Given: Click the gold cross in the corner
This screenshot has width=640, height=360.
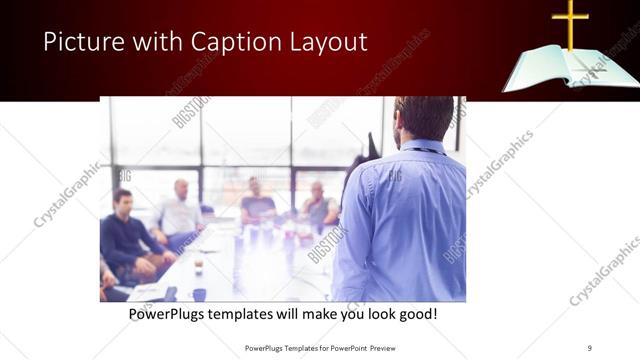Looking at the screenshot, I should coord(570,23).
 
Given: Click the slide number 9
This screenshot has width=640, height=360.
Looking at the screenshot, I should coord(589,348).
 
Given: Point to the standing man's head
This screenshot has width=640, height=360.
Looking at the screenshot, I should coord(424,118).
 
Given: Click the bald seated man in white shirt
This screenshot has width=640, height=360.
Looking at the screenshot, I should coord(180,212).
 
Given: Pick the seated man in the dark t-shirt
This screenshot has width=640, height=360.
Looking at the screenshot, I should coord(256,204).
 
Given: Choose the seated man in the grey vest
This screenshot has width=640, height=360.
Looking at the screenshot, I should coord(318,205).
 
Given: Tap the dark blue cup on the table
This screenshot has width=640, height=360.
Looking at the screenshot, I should coord(200,294).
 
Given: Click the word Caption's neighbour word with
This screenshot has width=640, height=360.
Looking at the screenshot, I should coord(155,42).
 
